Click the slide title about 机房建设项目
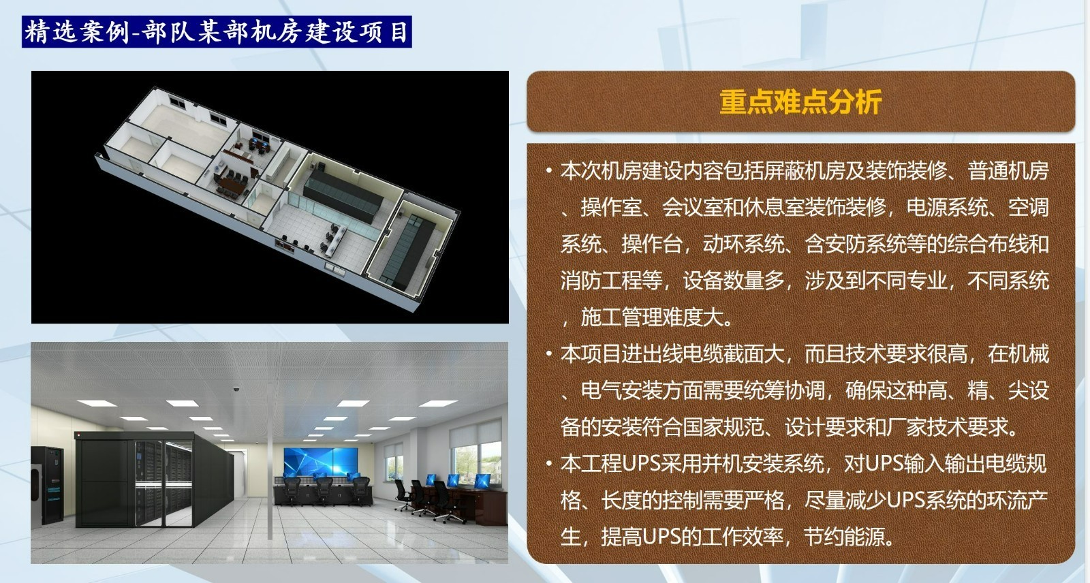point(217,31)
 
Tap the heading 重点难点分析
point(800,101)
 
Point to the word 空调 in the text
point(1028,207)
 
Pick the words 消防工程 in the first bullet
point(601,281)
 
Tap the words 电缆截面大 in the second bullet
point(733,353)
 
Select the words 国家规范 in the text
point(723,427)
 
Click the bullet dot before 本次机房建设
point(549,171)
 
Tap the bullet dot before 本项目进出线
point(549,353)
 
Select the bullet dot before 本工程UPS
point(549,463)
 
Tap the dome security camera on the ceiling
point(236,388)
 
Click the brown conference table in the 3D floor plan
point(232,185)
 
